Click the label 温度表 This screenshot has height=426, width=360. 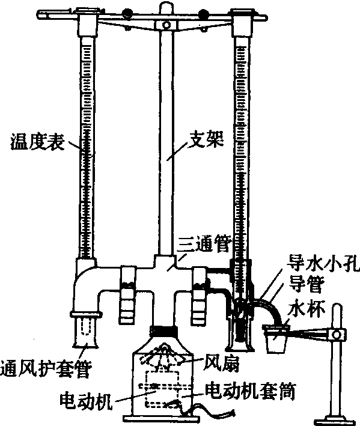38,141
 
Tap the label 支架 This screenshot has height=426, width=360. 206,139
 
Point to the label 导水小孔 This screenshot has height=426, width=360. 324,263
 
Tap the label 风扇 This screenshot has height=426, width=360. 221,364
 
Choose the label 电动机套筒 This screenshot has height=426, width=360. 250,391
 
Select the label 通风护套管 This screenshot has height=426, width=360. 46,369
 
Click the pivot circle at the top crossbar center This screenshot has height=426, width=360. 166,25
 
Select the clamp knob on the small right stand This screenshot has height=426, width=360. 337,334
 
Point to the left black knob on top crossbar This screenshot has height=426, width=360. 126,13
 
